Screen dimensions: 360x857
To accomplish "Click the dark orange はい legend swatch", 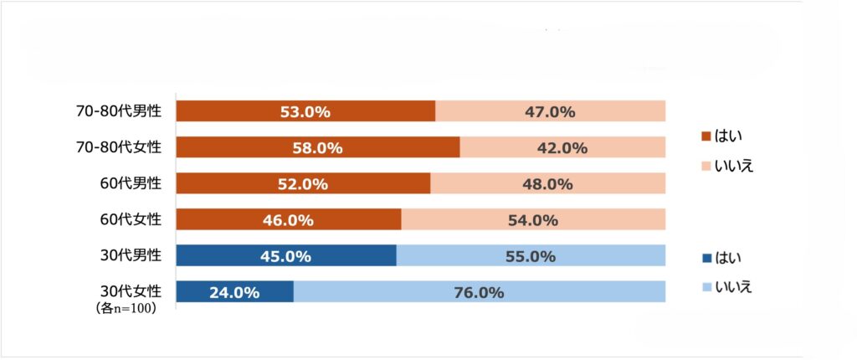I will tap(706, 136).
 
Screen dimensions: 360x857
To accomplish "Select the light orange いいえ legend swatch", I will tap(706, 166).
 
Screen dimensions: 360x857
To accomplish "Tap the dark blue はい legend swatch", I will tap(706, 257).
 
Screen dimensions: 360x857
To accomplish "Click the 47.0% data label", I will tap(549, 111).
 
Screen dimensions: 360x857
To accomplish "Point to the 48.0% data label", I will tap(547, 184).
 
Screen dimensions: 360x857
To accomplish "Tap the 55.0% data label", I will tap(531, 256).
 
